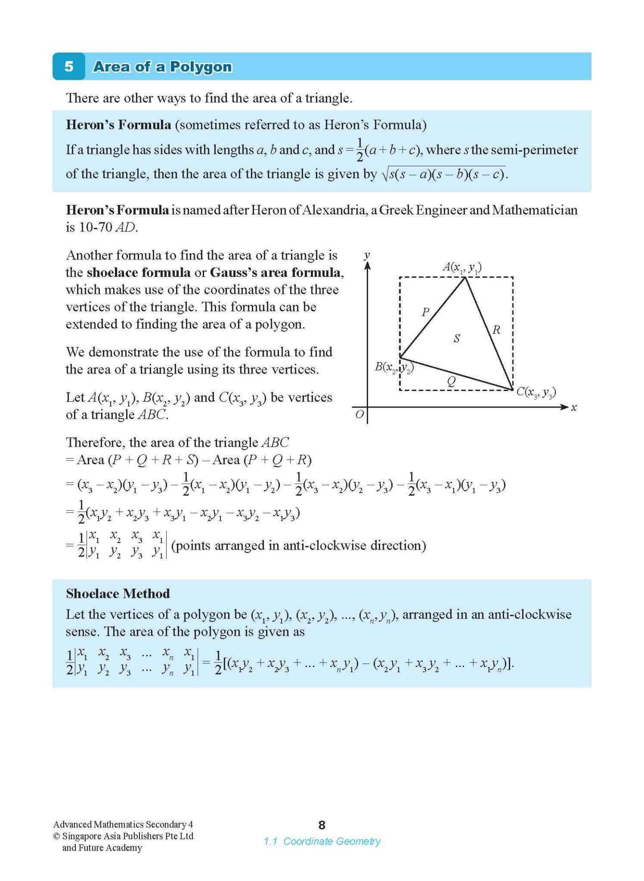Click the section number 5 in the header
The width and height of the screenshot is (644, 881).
click(x=69, y=66)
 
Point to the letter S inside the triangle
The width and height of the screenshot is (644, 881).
click(x=456, y=339)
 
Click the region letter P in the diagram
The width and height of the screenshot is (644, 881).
click(x=425, y=312)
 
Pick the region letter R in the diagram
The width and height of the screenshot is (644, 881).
click(x=496, y=330)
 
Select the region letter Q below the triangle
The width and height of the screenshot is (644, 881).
click(x=451, y=381)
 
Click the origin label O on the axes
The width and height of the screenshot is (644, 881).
click(x=359, y=415)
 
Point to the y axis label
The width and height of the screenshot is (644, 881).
click(x=367, y=255)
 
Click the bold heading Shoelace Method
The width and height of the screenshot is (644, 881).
click(x=118, y=593)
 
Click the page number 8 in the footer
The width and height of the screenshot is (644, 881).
click(x=322, y=825)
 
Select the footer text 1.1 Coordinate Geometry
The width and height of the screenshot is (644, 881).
click(x=322, y=841)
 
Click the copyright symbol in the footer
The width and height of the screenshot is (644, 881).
click(x=57, y=836)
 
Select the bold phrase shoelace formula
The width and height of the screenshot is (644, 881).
click(x=139, y=272)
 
